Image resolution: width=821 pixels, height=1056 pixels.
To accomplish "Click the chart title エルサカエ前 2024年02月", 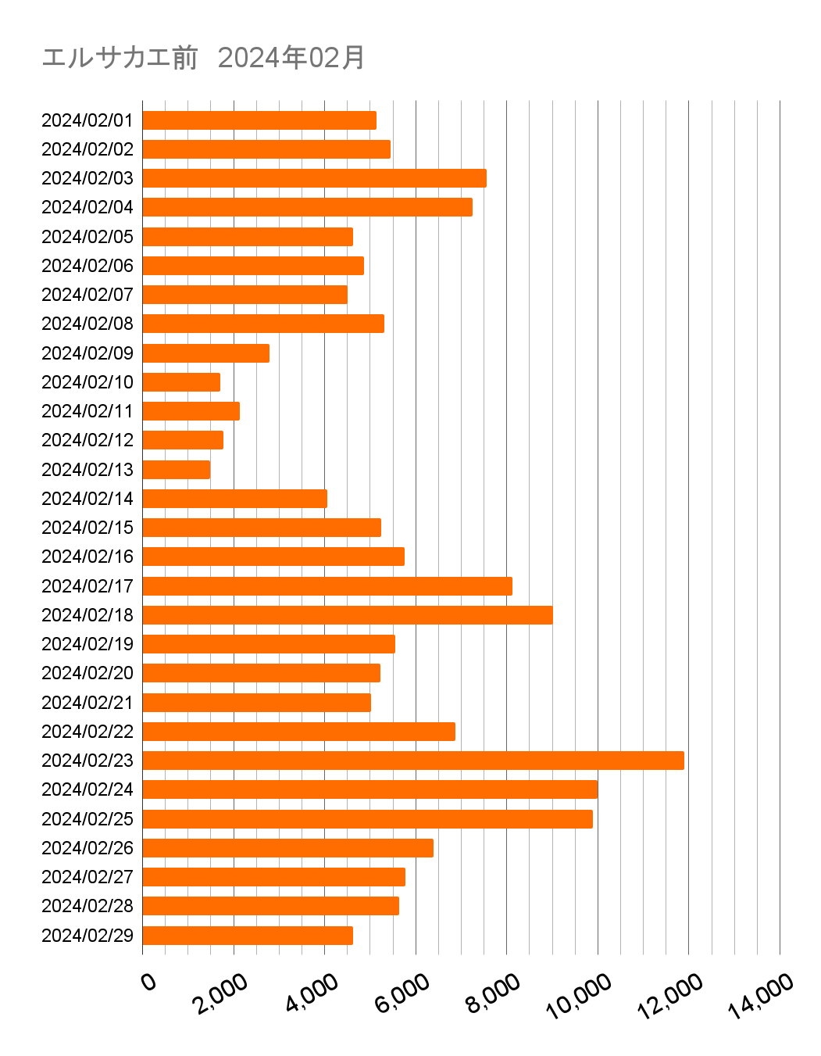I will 203,58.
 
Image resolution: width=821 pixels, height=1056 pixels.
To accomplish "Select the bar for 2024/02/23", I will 412,760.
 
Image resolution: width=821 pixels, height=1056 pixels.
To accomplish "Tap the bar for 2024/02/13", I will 176,469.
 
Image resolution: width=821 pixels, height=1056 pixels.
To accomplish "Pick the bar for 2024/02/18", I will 347,614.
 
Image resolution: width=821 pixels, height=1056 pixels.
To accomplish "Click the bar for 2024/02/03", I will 314,178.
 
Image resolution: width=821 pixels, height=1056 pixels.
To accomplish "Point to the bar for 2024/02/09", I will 205,353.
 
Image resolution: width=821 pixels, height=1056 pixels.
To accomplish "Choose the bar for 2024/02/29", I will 247,935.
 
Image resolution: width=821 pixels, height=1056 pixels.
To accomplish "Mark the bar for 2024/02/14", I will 234,498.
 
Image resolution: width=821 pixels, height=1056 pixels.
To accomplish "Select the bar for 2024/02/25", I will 367,818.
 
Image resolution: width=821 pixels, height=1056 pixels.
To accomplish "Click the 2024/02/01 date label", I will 87,120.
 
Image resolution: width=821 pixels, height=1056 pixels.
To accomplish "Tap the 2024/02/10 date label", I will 87,382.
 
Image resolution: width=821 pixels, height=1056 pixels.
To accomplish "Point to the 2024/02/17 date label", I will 87,586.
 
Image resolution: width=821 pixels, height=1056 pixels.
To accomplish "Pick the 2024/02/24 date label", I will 87,789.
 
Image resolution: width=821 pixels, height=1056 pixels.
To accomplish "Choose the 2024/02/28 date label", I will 87,906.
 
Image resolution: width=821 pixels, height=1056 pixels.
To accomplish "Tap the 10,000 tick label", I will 579,997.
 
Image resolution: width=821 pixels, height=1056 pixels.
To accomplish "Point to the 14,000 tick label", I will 761,997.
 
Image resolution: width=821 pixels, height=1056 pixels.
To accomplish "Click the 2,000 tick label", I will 221,993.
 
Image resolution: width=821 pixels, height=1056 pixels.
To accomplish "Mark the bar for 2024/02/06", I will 252,266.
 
